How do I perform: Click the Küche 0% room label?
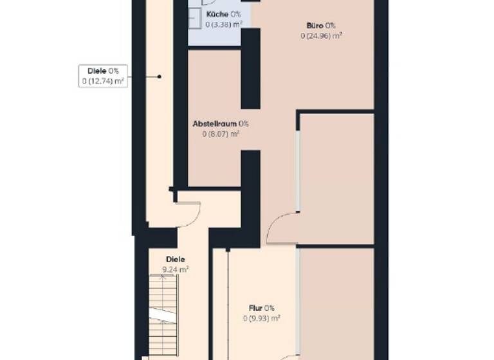(223, 14)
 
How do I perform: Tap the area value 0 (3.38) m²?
(223, 24)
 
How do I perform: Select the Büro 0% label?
(320, 25)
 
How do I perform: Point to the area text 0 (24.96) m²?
(320, 35)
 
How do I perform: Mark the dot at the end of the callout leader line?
(159, 76)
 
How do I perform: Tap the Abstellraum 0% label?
(221, 123)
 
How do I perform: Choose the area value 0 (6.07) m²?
(221, 134)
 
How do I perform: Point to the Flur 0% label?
(262, 307)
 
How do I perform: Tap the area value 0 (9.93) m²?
(262, 318)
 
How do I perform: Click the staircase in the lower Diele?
(163, 315)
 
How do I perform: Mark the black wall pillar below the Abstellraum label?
(250, 186)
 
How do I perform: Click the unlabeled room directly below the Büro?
(336, 177)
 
